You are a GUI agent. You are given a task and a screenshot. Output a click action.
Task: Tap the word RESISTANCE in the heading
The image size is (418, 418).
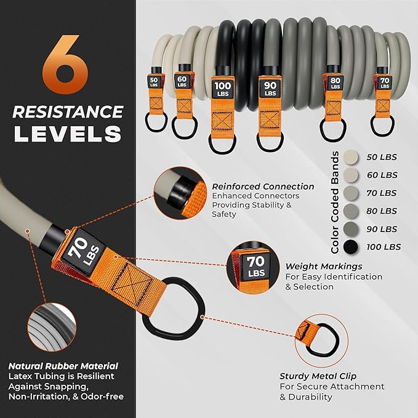[68, 112]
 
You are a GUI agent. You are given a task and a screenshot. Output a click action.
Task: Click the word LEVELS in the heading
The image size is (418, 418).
[68, 134]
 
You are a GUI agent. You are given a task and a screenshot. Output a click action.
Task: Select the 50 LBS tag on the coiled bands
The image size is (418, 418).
[153, 82]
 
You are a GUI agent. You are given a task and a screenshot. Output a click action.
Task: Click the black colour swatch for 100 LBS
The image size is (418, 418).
[352, 247]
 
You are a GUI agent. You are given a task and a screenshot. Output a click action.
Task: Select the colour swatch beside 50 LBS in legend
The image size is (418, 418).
[352, 157]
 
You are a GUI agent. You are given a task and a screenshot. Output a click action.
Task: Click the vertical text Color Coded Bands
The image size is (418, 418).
[335, 202]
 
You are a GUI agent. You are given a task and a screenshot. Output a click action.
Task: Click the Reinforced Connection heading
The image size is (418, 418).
[263, 187]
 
